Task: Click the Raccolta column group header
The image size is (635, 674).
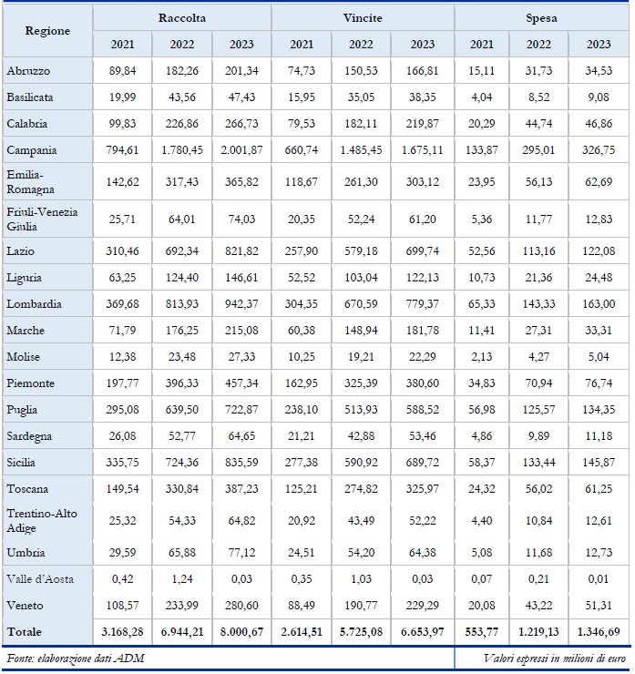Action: pos(181,17)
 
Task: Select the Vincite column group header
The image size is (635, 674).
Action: pos(362,17)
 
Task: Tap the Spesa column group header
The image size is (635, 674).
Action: pos(541,17)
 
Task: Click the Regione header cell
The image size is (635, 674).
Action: pos(47,31)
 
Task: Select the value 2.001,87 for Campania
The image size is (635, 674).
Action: pos(241,149)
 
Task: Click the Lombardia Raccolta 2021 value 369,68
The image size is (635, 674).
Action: pos(122,303)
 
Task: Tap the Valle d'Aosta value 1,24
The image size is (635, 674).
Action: pos(181,578)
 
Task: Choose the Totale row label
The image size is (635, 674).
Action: pos(26,630)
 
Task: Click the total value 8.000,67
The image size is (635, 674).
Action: pos(241,630)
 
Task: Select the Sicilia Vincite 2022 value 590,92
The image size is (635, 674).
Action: pos(361,462)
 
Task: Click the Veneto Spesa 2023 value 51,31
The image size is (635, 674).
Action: pos(599,604)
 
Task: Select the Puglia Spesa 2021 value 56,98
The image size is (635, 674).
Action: pos(481,409)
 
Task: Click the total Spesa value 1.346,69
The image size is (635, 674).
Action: pos(599,630)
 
